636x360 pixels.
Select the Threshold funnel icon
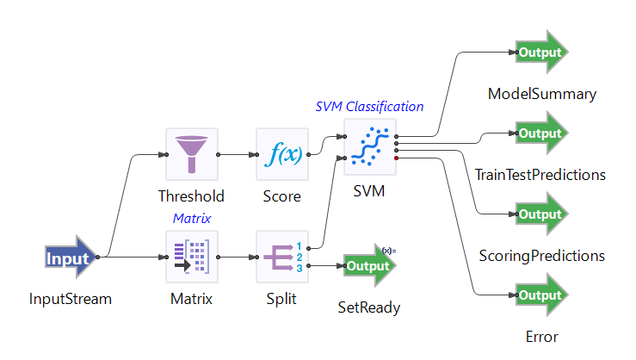191,154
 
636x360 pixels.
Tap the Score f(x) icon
282,154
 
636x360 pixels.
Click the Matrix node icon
191,257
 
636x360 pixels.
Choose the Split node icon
282,257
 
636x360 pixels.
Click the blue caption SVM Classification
370,107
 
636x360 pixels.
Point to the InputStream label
71,300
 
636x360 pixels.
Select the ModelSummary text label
542,94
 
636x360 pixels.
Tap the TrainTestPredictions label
540,175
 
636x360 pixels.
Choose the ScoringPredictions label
541,256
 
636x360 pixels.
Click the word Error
542,337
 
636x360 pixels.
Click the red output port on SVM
396,158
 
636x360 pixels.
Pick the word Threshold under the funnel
191,196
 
